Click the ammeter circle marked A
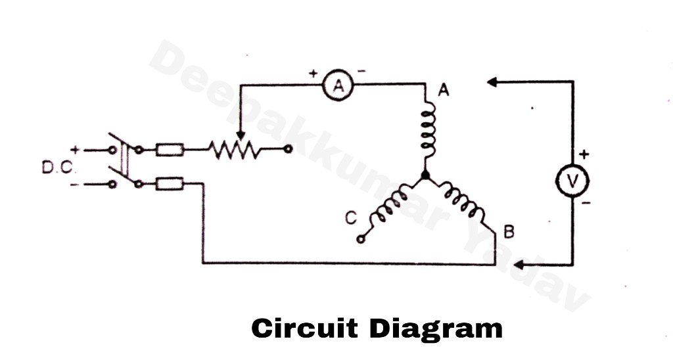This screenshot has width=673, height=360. point(339,85)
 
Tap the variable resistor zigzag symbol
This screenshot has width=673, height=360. point(235,150)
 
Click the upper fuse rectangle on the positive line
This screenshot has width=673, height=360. point(170,150)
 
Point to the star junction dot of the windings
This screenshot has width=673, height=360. point(425,176)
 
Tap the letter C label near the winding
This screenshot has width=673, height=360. point(351,217)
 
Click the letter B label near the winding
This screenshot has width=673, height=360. point(508,231)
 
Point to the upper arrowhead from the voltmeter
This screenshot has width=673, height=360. point(491,82)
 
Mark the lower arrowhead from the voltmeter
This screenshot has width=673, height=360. point(519,265)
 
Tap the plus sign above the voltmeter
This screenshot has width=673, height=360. point(584,155)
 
